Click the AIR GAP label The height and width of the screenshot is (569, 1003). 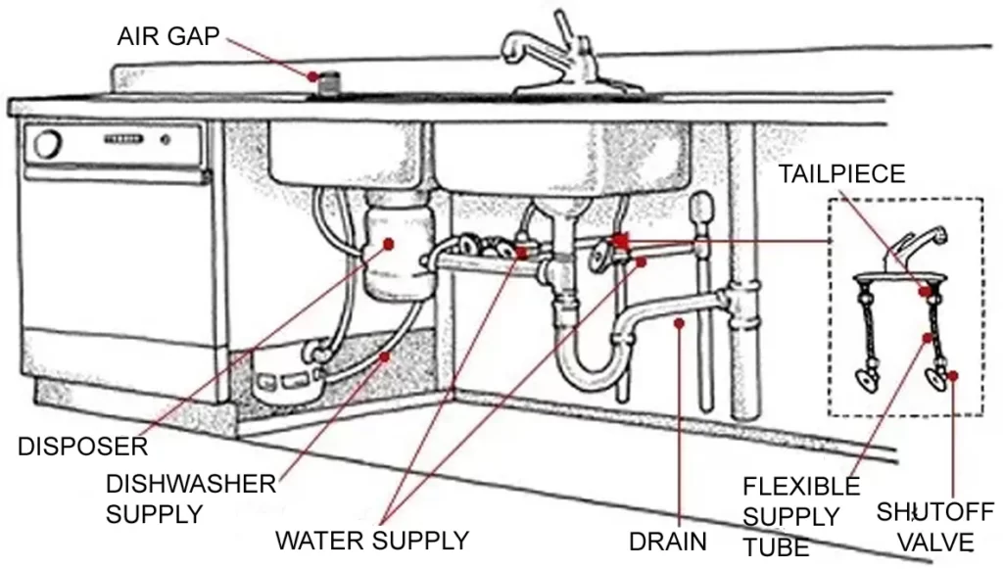[168, 37]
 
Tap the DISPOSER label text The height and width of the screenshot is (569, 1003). [82, 449]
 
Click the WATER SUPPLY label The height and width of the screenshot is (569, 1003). [372, 540]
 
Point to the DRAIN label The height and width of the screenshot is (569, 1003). [667, 541]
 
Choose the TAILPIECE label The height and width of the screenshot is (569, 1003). [841, 174]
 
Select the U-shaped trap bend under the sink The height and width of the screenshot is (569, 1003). [587, 367]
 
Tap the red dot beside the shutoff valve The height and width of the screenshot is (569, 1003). [952, 375]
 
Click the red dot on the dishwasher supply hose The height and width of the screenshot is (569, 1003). [384, 356]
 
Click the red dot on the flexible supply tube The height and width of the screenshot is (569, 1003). [929, 339]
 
